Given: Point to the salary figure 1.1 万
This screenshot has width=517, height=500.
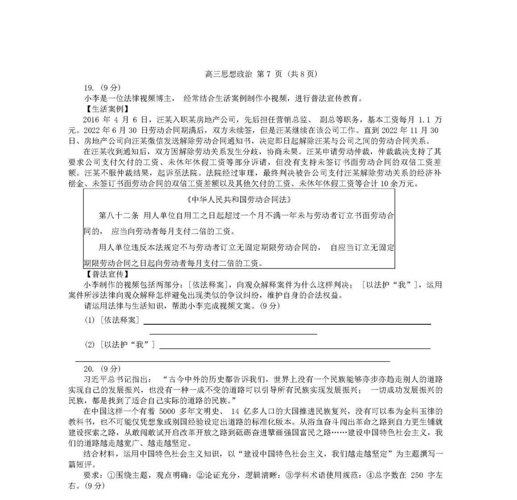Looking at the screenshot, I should click(430, 120).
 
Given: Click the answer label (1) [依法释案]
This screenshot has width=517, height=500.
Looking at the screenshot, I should click(112, 320).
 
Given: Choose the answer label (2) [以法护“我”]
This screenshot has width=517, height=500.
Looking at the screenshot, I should click(120, 345).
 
